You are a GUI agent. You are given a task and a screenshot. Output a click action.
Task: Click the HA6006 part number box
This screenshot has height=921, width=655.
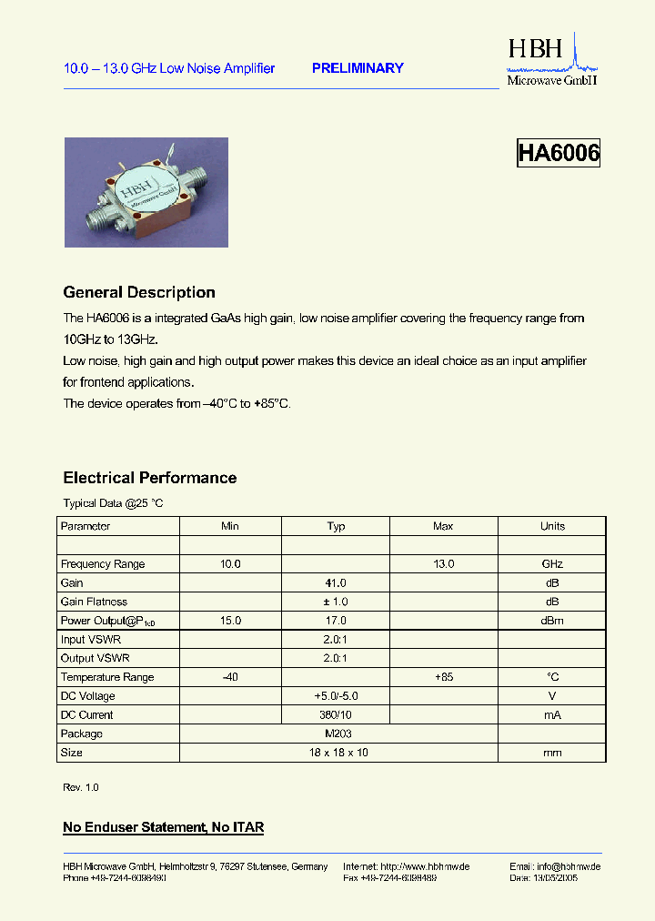[559, 153]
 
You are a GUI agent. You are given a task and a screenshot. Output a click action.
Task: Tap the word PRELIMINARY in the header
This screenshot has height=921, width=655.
[358, 68]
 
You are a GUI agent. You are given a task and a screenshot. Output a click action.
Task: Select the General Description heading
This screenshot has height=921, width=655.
[139, 292]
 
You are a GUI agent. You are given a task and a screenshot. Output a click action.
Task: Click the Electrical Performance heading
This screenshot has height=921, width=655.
[149, 478]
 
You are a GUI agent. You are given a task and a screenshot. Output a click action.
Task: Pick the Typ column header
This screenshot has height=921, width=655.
[336, 526]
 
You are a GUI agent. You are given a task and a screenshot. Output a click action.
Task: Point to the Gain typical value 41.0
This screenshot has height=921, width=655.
[336, 582]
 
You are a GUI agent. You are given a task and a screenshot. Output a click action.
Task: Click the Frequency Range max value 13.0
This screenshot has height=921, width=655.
[443, 564]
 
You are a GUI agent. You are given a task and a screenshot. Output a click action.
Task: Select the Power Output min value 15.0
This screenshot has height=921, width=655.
[230, 621]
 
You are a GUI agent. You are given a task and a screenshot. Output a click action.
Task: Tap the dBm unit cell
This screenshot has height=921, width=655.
[552, 621]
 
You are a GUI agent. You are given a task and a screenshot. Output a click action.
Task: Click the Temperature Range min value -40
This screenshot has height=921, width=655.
[230, 677]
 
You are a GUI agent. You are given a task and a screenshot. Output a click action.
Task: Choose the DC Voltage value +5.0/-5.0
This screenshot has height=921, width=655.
[336, 696]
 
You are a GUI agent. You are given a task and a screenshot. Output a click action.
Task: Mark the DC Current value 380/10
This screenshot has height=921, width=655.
[336, 715]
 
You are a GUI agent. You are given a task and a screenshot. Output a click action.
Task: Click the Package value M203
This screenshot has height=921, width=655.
[336, 734]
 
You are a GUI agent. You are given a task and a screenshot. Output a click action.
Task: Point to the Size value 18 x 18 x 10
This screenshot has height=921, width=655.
[336, 753]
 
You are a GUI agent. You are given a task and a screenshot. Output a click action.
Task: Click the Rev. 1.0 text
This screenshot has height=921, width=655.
[80, 787]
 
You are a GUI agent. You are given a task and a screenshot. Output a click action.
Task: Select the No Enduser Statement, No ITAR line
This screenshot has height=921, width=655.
[163, 827]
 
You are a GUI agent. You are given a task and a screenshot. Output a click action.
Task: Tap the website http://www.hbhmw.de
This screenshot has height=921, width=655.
[425, 866]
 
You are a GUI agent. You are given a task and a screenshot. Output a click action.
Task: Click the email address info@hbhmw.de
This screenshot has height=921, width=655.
[567, 866]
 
